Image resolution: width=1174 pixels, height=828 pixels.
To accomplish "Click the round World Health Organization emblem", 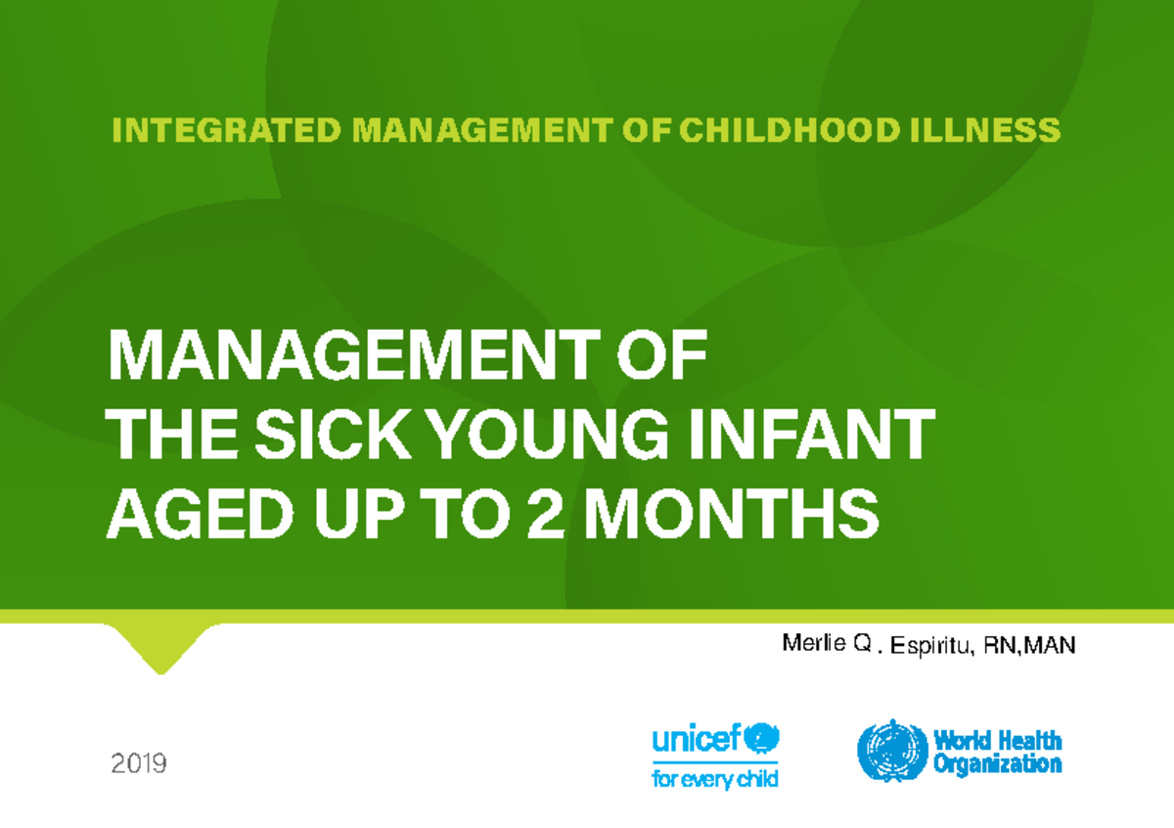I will (892, 752).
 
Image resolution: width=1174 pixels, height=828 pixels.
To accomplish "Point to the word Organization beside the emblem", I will (997, 764).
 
